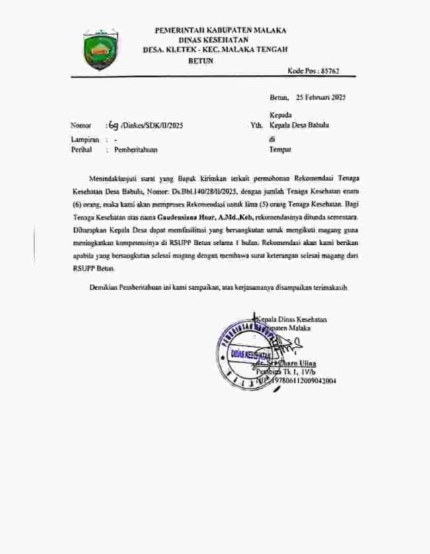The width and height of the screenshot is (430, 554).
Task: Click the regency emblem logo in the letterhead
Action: [x=100, y=48]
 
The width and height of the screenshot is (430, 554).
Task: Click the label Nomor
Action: [x=79, y=125]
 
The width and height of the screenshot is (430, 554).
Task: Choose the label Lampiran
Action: [x=83, y=140]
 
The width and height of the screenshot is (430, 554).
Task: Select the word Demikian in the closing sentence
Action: [x=105, y=289]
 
